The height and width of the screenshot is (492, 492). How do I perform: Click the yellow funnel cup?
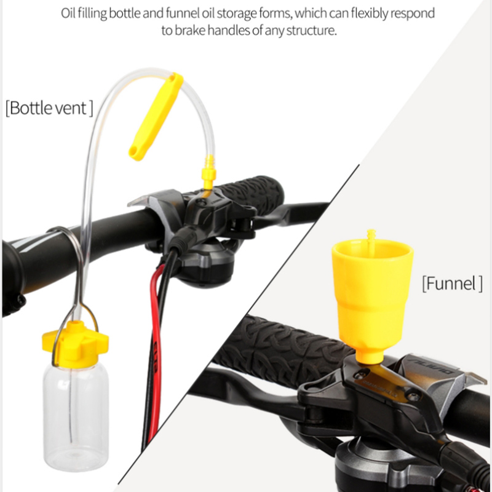coord(373,295)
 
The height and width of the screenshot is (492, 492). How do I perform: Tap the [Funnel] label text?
coord(452,284)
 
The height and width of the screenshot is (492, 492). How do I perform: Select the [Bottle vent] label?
coord(49,108)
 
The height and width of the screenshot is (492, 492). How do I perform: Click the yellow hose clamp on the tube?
coord(156,117)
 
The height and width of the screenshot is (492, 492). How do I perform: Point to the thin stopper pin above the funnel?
coord(371,241)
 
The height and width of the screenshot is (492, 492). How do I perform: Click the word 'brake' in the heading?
coord(191,31)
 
